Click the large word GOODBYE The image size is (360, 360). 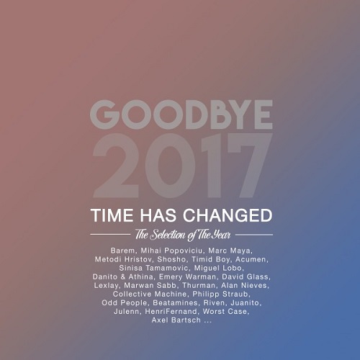181,114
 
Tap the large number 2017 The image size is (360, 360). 183,166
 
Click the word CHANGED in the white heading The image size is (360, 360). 228,215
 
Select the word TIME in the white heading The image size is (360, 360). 112,215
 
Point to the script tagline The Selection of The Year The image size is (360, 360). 183,235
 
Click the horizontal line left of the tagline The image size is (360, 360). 110,235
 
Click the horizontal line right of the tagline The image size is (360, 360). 254,235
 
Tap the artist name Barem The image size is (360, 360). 123,251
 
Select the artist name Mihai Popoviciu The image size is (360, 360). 171,251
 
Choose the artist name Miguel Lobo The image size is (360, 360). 218,268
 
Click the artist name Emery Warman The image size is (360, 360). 188,277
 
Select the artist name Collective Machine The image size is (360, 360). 150,294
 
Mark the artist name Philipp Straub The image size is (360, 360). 220,294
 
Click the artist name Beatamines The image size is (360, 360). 175,303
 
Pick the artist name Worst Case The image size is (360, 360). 225,312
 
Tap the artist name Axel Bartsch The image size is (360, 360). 176,320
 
